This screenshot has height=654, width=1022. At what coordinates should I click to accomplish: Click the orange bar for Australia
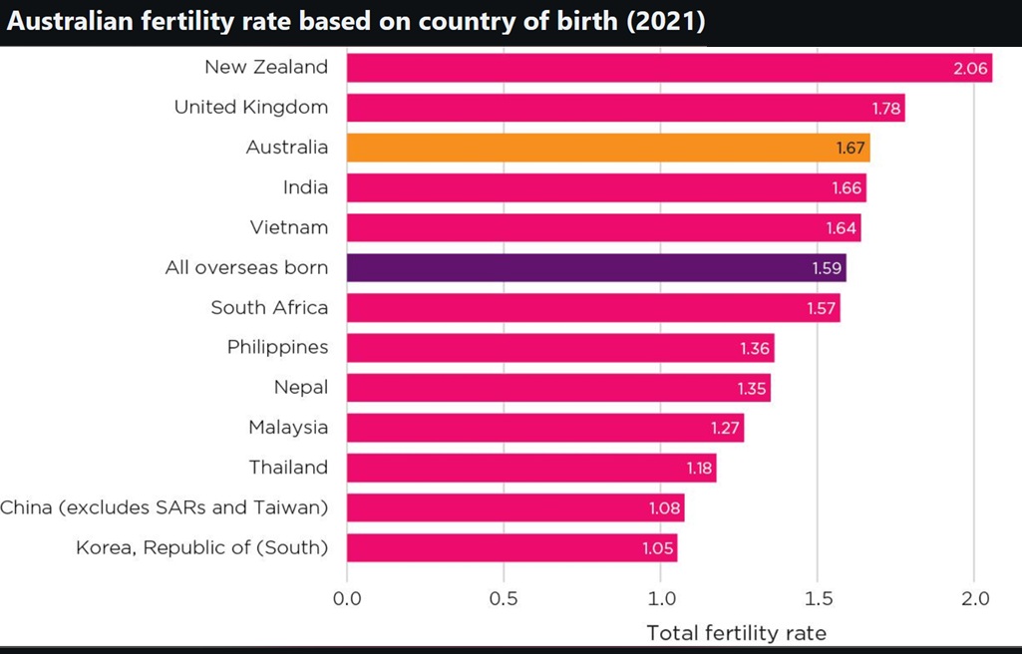point(608,148)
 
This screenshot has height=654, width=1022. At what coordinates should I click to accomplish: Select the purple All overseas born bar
point(596,267)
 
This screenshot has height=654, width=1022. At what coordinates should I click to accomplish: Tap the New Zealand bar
point(669,68)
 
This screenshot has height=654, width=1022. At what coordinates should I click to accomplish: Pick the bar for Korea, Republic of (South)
point(511,547)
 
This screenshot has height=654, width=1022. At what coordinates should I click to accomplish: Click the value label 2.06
point(969,69)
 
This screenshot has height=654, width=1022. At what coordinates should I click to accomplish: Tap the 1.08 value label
point(664,508)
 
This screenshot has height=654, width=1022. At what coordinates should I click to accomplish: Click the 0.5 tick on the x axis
point(504,599)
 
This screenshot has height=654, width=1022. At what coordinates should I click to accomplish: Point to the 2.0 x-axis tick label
point(974,599)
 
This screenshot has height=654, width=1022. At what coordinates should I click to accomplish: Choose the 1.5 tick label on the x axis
point(818,599)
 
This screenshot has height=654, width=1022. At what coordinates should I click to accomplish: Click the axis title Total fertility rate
point(736,632)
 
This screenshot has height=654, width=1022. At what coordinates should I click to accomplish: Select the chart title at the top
point(356,22)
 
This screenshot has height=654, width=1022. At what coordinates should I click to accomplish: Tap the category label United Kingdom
point(250,107)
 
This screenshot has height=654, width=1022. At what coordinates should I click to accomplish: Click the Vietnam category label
point(288,227)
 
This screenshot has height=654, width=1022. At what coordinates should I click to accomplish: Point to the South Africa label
point(269,307)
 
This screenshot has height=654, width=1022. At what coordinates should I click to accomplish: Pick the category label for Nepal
point(300,387)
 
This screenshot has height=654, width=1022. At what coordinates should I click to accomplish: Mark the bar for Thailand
point(531,468)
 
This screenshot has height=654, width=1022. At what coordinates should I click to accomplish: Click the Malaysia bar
point(545,428)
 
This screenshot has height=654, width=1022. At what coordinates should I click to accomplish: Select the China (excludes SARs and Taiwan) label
point(164,507)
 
